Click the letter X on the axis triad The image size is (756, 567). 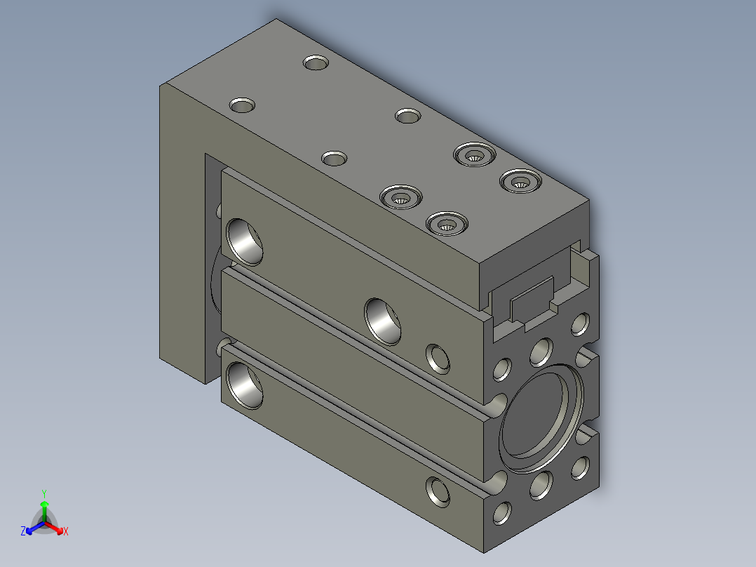pyautogui.click(x=66, y=531)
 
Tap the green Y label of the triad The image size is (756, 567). pyautogui.click(x=44, y=493)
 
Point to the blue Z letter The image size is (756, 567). pyautogui.click(x=23, y=531)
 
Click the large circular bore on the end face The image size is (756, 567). pyautogui.click(x=541, y=418)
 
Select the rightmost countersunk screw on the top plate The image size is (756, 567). pyautogui.click(x=520, y=181)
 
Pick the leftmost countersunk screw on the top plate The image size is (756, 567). pyautogui.click(x=400, y=197)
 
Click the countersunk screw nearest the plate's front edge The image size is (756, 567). pyautogui.click(x=447, y=223)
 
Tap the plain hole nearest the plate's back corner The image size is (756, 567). pyautogui.click(x=316, y=62)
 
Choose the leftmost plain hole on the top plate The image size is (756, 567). pyautogui.click(x=242, y=105)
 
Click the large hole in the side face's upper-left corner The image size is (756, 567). pyautogui.click(x=245, y=242)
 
